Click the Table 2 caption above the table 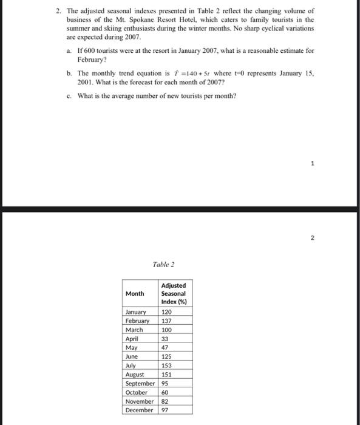tap(163, 264)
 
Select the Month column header tap(135, 293)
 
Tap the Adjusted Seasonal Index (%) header tap(174, 293)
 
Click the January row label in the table tap(136, 311)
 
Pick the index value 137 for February tap(166, 321)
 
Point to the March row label tap(134, 330)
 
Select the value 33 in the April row tap(165, 339)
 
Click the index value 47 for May tap(165, 348)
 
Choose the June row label tap(132, 356)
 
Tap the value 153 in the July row tap(166, 365)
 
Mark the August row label tap(135, 375)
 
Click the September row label tap(140, 384)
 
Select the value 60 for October tap(165, 392)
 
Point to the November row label tap(140, 401)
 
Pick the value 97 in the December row tap(165, 410)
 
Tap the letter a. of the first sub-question tap(70, 51)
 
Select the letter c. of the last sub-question tap(70, 95)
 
